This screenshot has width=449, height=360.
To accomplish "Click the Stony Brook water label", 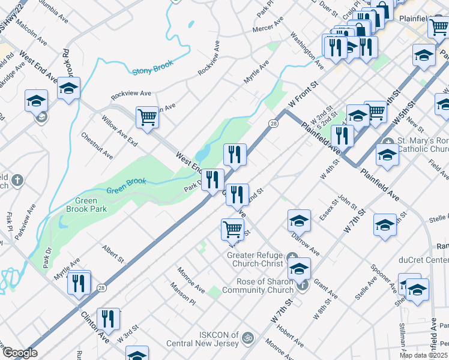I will [152, 67].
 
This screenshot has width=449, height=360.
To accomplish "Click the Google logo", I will [20, 353].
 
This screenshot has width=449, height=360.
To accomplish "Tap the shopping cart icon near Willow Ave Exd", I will [146, 116].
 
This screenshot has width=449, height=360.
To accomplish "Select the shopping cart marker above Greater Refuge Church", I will [232, 229].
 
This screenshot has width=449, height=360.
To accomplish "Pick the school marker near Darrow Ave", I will [299, 220].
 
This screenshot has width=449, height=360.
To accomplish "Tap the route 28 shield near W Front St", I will [273, 123].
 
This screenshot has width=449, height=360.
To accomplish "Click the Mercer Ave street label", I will [268, 28].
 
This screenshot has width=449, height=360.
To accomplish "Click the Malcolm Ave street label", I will [33, 35].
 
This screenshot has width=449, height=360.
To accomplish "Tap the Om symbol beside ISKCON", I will [245, 340].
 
